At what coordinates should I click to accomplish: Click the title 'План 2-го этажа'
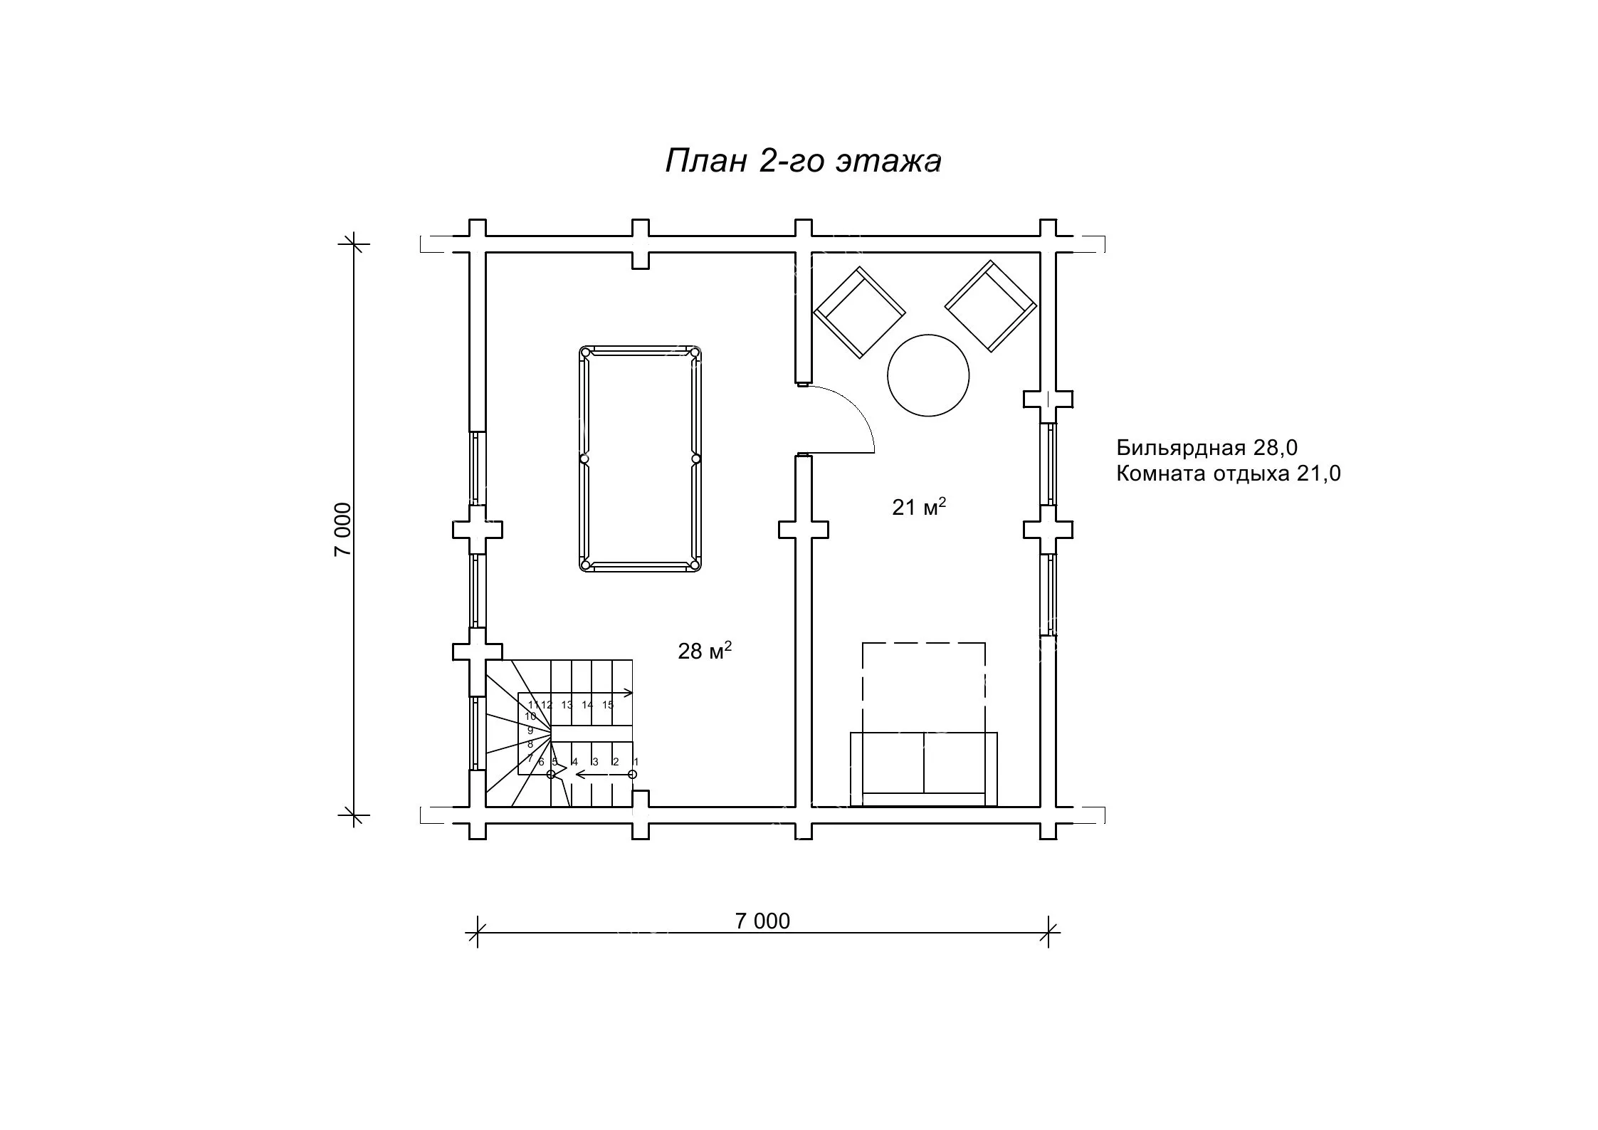803,162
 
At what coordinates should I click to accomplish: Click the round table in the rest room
928,376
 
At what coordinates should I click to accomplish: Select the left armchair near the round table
859,313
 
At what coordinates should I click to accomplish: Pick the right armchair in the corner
991,306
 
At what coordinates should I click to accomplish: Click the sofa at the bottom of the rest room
924,769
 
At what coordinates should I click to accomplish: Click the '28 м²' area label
705,650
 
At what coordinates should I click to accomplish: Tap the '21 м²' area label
919,506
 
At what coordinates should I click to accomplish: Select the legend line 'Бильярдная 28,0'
1207,447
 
